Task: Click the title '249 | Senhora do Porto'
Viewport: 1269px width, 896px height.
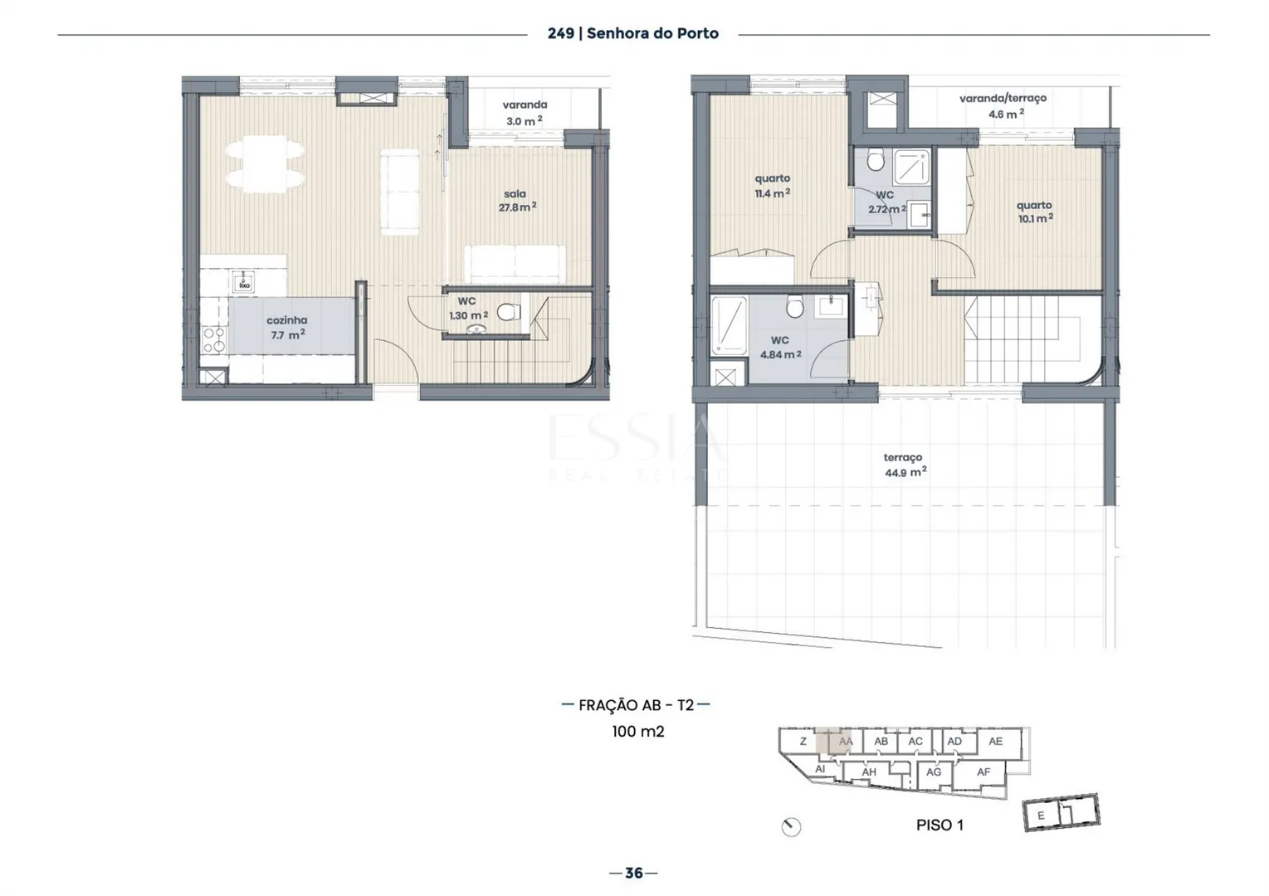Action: pyautogui.click(x=632, y=33)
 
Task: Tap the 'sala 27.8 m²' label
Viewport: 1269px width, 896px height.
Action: pyautogui.click(x=517, y=201)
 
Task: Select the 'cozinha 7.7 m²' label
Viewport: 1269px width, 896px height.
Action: pyautogui.click(x=287, y=328)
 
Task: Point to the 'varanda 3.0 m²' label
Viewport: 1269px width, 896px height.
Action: pyautogui.click(x=525, y=113)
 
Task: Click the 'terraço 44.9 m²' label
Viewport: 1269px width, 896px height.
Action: pyautogui.click(x=905, y=465)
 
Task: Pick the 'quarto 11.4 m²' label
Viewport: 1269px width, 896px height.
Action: pyautogui.click(x=772, y=186)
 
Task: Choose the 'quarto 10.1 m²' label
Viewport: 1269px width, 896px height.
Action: pyautogui.click(x=1034, y=212)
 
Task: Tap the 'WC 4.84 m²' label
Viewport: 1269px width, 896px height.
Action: pyautogui.click(x=780, y=348)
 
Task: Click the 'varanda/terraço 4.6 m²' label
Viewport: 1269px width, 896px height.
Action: pyautogui.click(x=1003, y=106)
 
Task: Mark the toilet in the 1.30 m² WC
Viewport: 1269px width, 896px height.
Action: pyautogui.click(x=509, y=311)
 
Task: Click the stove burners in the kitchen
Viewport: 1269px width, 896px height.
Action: pyautogui.click(x=214, y=340)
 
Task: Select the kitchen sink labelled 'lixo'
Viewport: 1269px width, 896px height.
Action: pyautogui.click(x=244, y=281)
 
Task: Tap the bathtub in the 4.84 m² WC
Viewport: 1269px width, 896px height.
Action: pyautogui.click(x=729, y=326)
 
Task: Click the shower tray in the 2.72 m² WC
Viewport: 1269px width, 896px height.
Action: pyautogui.click(x=911, y=168)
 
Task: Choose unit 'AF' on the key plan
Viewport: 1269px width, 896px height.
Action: pyautogui.click(x=983, y=772)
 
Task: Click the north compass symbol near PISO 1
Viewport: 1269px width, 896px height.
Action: pyautogui.click(x=791, y=827)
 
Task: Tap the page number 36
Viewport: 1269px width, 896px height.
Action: pyautogui.click(x=634, y=873)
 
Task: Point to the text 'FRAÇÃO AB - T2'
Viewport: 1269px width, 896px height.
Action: pyautogui.click(x=637, y=705)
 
